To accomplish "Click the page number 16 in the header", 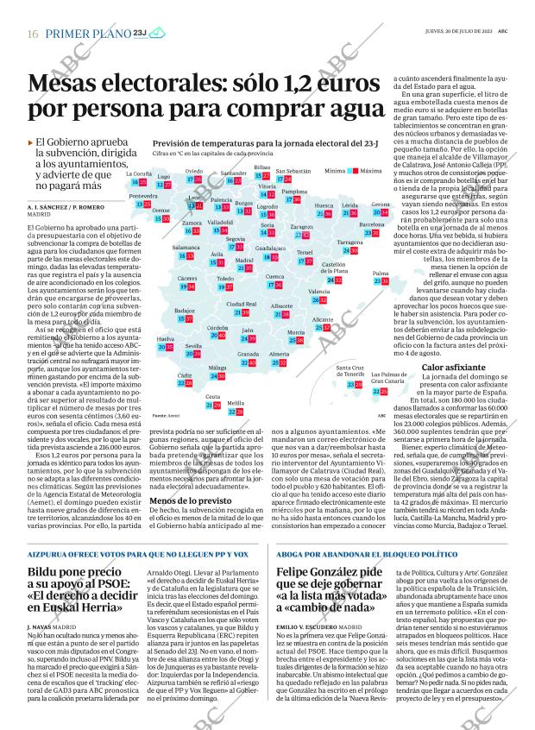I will pos(32,33).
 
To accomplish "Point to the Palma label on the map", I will pos(381,273).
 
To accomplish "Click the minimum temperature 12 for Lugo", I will pos(158,184).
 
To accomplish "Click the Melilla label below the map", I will pos(235,403).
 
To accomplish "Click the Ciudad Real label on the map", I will pos(241,304).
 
